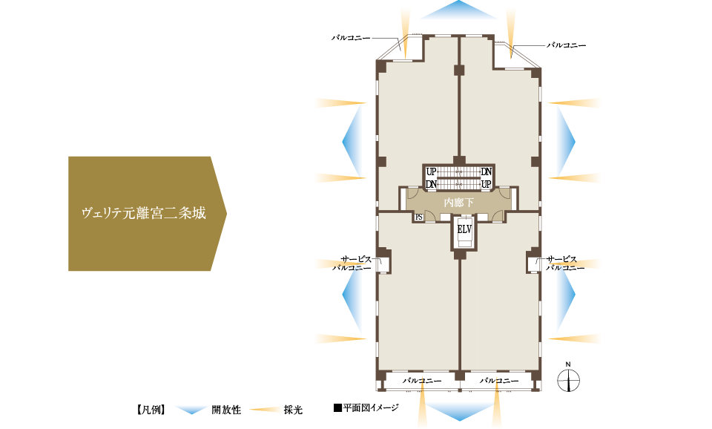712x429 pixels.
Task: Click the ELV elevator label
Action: click(x=464, y=229)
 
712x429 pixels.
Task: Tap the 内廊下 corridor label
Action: click(x=458, y=202)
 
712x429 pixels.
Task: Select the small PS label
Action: click(x=419, y=217)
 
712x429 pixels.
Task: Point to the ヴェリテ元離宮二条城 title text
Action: click(x=143, y=214)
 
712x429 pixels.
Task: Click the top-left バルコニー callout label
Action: click(x=350, y=36)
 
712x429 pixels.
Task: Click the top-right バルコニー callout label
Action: click(x=567, y=45)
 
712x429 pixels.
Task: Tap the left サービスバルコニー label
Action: click(x=351, y=263)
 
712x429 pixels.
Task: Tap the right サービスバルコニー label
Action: click(x=565, y=263)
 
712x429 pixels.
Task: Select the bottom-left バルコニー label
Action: click(x=422, y=380)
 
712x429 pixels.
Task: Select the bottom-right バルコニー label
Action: click(x=498, y=380)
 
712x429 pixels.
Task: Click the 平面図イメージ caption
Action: click(x=366, y=407)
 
